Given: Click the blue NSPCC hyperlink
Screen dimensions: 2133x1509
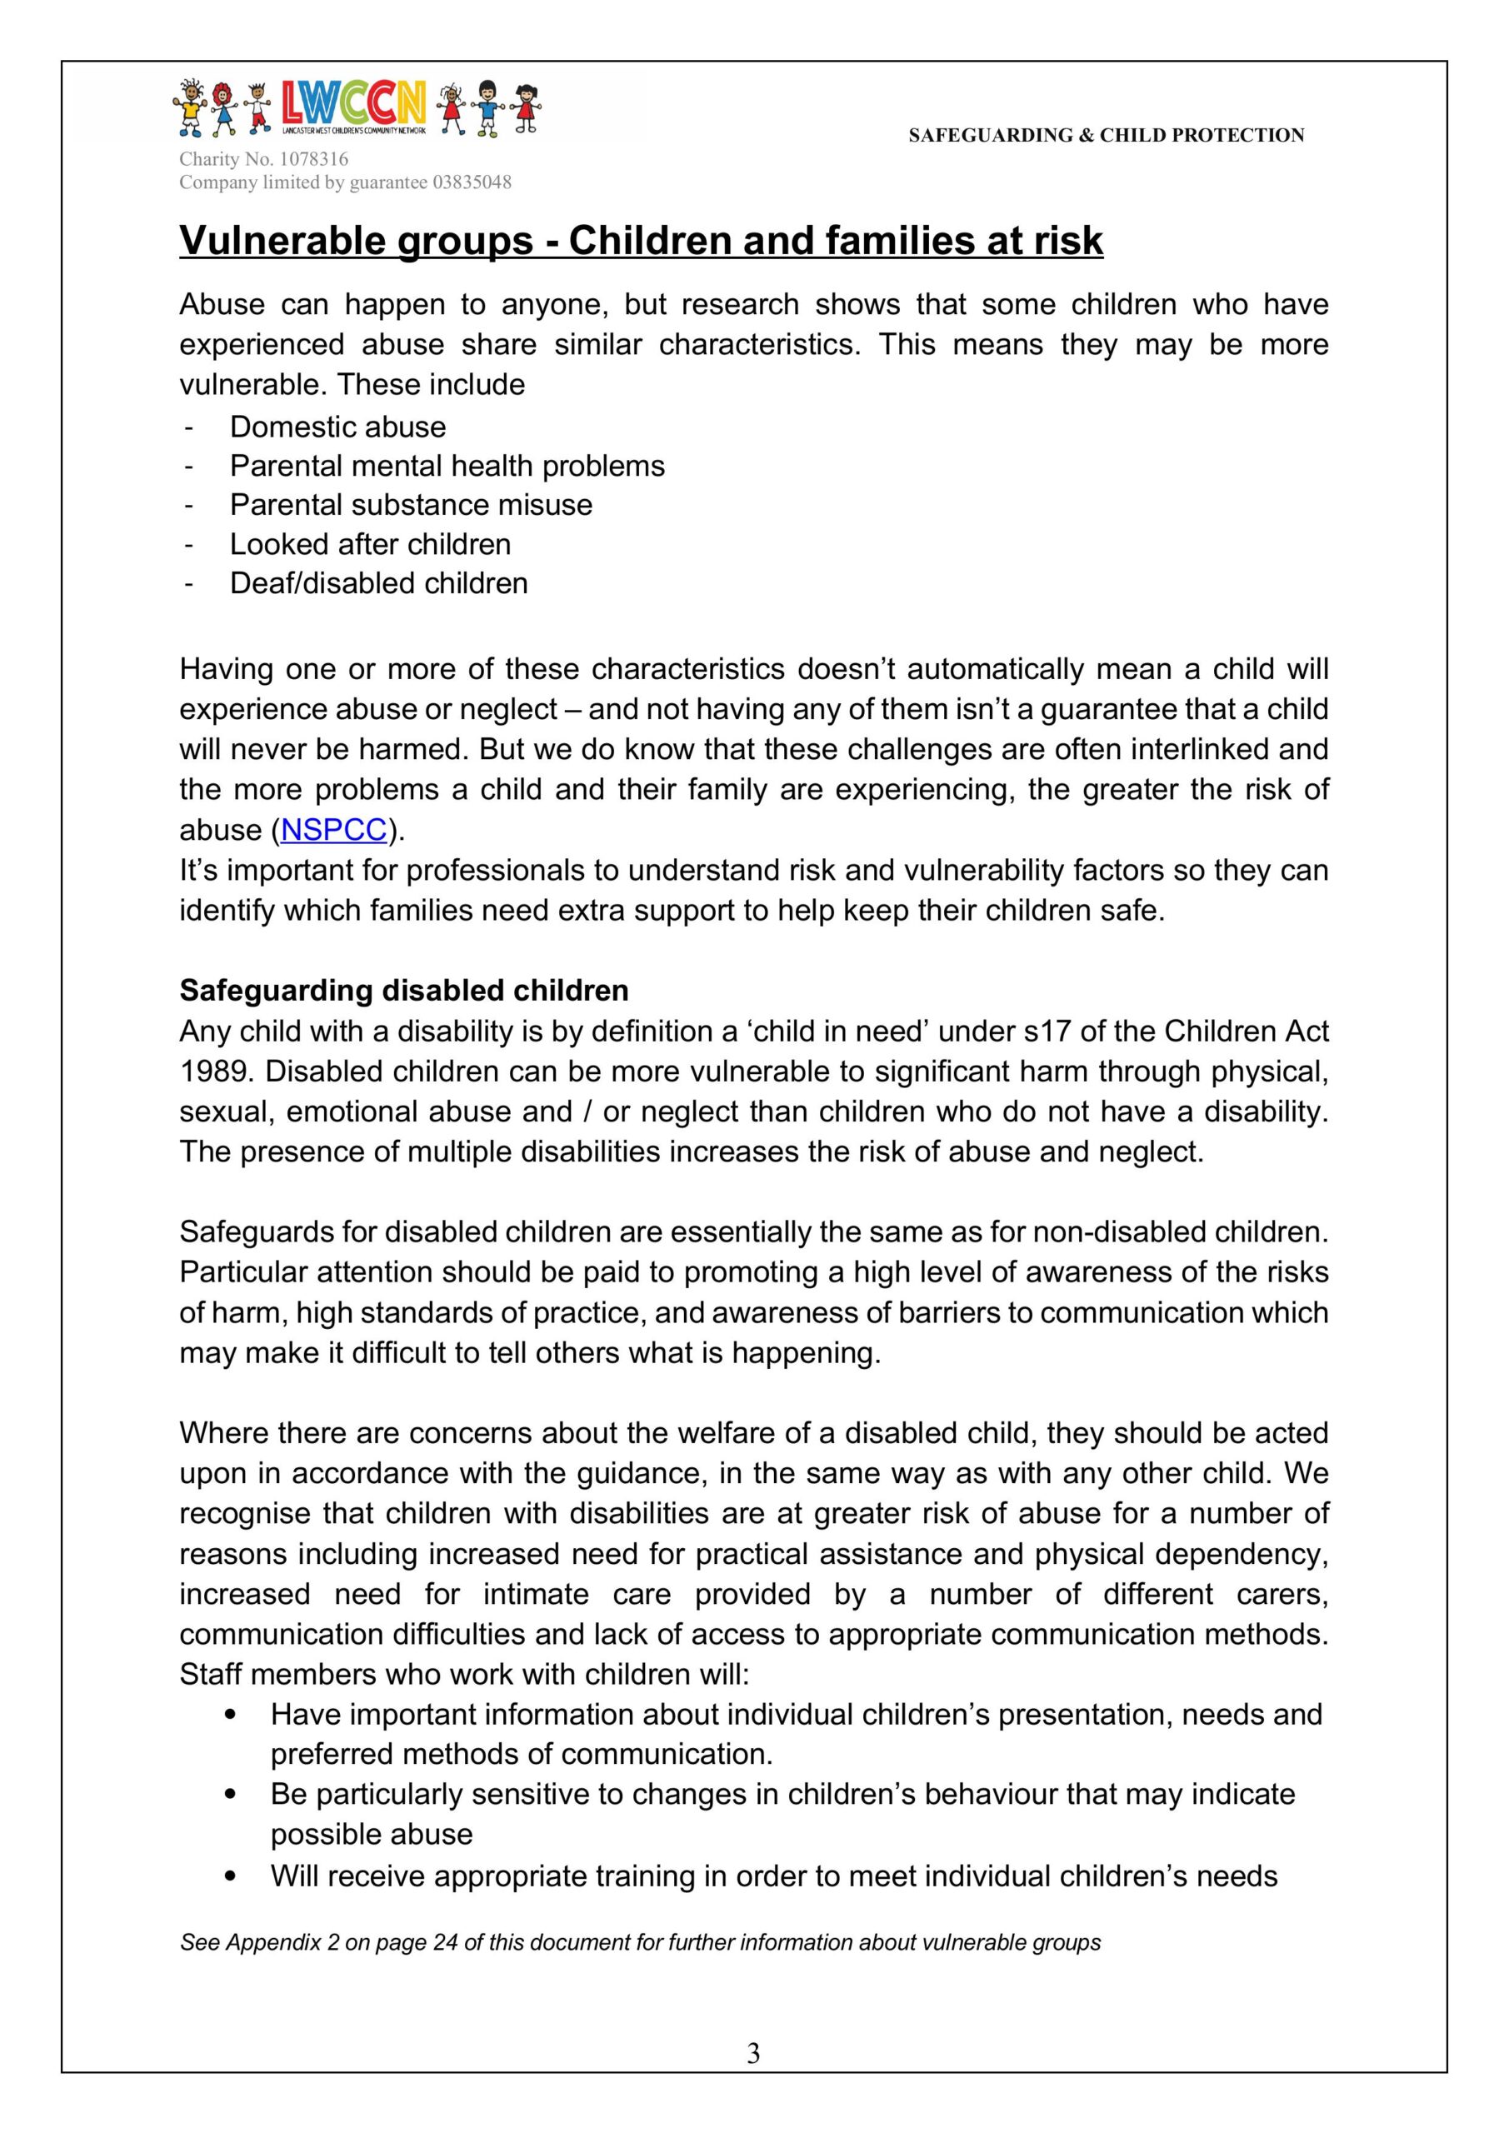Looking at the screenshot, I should [x=333, y=830].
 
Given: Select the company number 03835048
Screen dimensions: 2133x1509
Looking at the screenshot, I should [x=471, y=182].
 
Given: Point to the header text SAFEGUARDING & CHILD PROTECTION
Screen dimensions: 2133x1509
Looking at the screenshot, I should [x=1106, y=136].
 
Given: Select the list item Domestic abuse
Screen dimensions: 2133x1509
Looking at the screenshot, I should [x=337, y=427].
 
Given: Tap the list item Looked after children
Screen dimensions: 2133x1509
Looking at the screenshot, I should [x=370, y=543].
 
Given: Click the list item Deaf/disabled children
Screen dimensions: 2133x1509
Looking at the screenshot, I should [x=378, y=582].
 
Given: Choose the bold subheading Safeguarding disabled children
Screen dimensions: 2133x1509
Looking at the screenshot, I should [x=403, y=991].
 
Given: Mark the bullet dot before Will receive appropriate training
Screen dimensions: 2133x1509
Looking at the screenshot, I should [x=231, y=1876].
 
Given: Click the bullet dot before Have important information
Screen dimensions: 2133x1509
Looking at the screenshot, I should [x=231, y=1714].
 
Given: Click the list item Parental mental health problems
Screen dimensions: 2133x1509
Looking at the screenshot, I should [x=447, y=466].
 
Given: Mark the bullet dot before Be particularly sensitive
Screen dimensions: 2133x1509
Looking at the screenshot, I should [x=231, y=1795].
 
